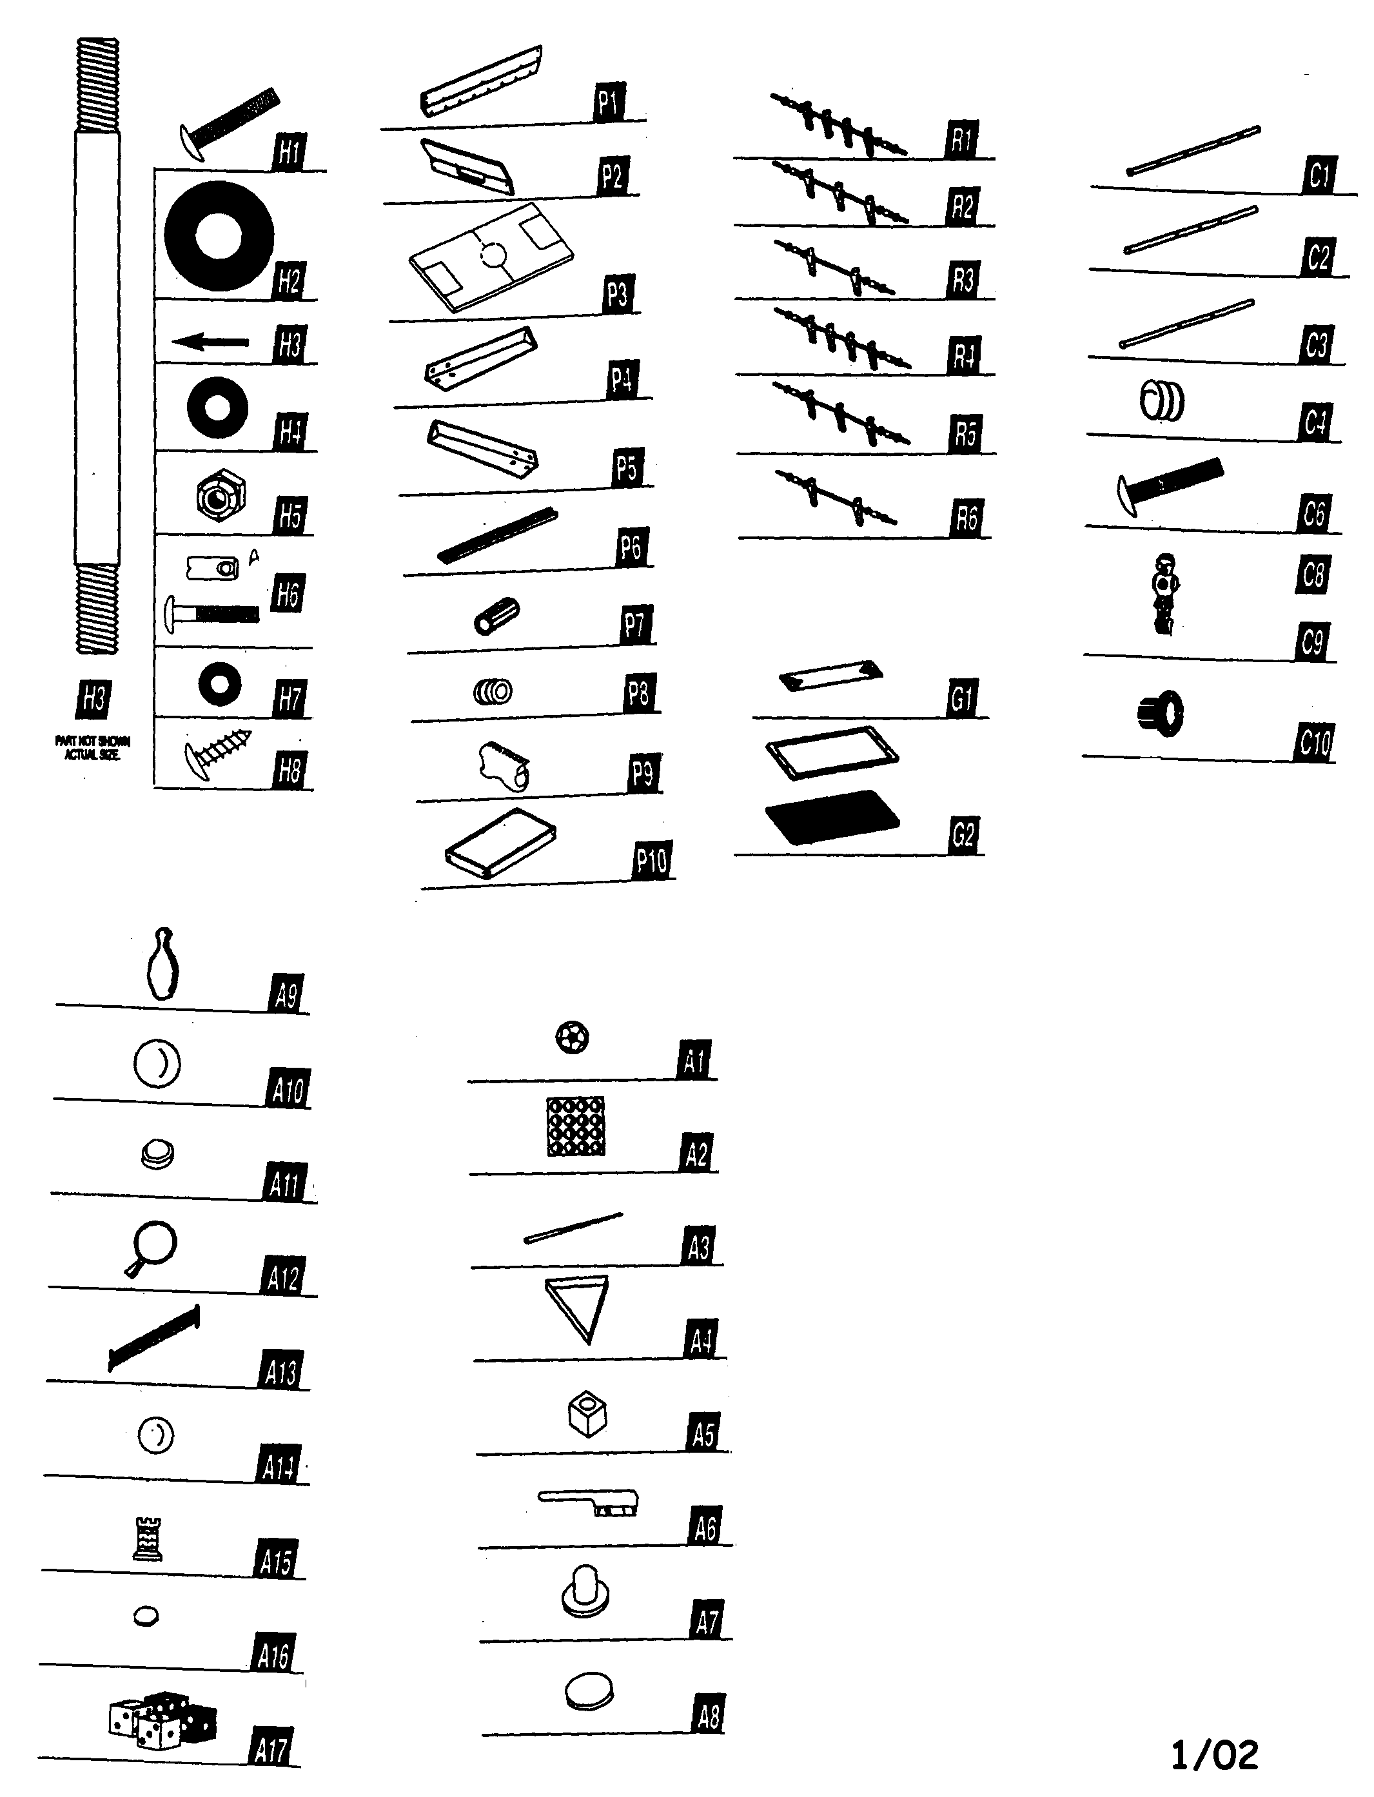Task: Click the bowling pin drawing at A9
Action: pos(162,965)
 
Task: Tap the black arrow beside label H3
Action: pos(210,342)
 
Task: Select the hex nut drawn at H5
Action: pos(221,496)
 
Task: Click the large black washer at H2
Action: pos(219,235)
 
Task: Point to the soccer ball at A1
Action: pos(572,1038)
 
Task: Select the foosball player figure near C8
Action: pos(1163,593)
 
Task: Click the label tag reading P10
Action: pos(651,861)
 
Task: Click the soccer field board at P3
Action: pos(491,257)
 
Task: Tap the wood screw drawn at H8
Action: pos(217,749)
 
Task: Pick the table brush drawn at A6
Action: pos(589,1502)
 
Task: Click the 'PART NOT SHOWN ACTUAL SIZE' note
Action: pos(92,747)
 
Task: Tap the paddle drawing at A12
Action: pos(152,1246)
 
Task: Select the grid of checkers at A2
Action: pos(576,1126)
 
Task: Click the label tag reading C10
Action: pos(1314,742)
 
